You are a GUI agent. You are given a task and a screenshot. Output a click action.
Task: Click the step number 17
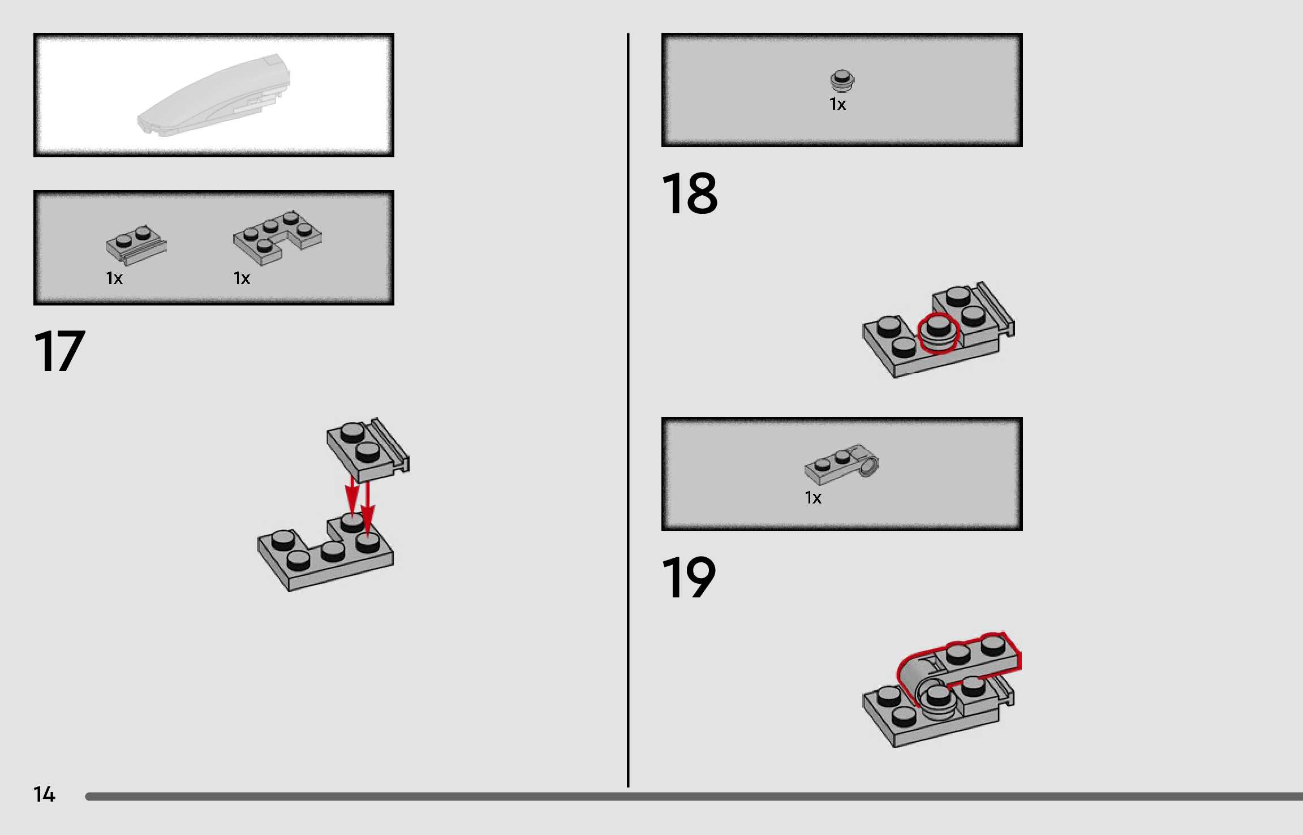point(59,351)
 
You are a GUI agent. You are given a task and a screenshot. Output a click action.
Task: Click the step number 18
point(689,193)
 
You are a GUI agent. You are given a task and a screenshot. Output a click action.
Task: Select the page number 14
point(44,794)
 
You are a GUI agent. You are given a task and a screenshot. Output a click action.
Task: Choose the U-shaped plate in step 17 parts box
point(277,238)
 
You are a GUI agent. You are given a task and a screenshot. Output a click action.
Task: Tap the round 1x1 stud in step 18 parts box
point(842,80)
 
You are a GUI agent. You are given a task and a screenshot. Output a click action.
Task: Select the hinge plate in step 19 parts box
point(842,464)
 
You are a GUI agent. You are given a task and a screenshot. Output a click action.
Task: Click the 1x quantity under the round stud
point(837,104)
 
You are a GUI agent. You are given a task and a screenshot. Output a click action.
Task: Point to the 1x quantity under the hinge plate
point(813,498)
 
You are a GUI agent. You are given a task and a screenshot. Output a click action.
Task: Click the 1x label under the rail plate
point(114,278)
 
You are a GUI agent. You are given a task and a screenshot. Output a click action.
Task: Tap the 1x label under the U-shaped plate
point(242,278)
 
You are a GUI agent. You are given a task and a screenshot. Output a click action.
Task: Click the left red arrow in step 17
point(352,496)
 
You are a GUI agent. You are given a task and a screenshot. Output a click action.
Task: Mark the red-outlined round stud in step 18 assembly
point(938,333)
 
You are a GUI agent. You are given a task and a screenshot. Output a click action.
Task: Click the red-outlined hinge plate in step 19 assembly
point(956,668)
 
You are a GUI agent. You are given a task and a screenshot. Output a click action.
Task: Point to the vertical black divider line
point(628,410)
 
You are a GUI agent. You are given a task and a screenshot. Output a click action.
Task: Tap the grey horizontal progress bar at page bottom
point(694,797)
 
